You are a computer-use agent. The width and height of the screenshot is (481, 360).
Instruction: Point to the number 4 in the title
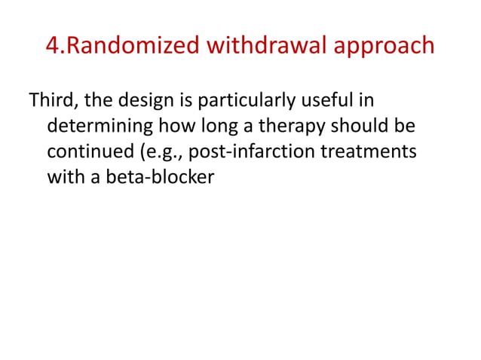coord(53,46)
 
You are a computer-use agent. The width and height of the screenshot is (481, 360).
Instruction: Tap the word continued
coord(82,152)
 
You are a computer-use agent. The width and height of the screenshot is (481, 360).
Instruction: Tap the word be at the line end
coord(406,126)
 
